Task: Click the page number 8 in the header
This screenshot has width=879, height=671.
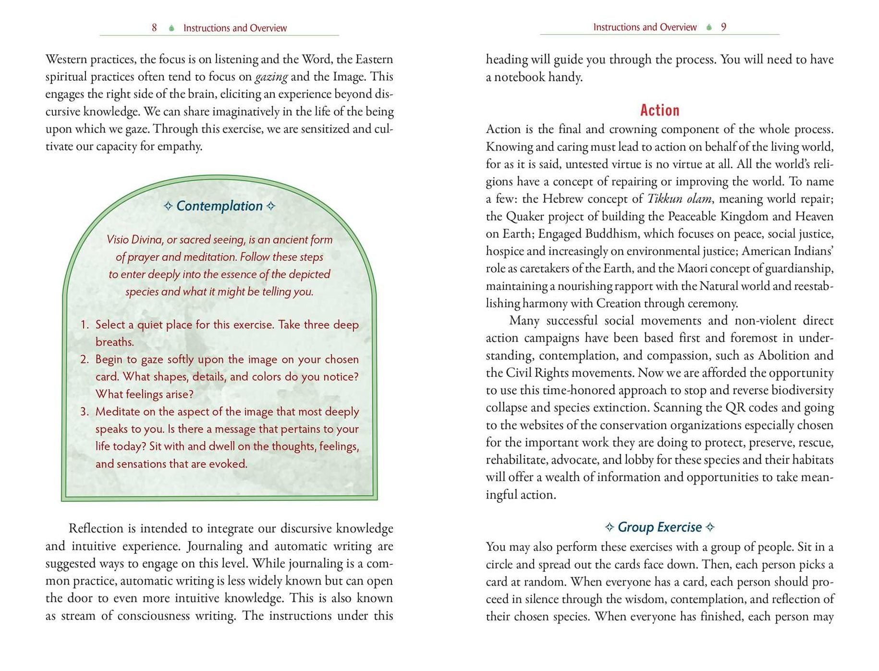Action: tap(154, 28)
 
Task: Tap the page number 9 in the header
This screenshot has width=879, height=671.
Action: tap(723, 27)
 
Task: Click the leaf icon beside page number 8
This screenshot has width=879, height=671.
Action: tap(171, 28)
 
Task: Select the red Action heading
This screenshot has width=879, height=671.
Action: tap(659, 111)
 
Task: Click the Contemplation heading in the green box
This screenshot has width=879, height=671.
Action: tap(220, 206)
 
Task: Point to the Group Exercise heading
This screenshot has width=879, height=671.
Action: tap(659, 527)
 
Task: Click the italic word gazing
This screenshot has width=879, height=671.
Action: tap(271, 77)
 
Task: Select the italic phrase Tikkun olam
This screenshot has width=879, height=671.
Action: tap(672, 199)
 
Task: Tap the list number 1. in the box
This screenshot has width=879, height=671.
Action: tap(85, 325)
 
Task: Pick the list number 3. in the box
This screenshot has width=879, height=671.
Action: tap(85, 412)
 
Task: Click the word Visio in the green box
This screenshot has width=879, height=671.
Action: tap(118, 239)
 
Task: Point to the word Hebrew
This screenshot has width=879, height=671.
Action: tap(562, 199)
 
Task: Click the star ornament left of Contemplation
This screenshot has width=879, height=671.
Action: tap(168, 206)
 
